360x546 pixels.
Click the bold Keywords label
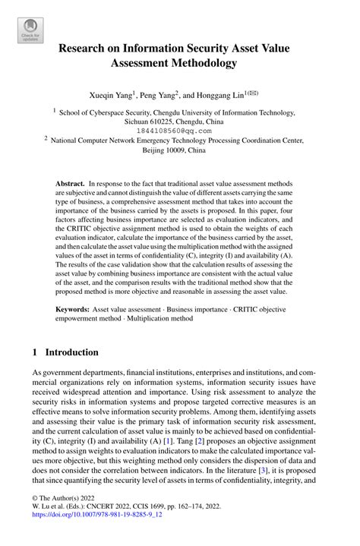pos(74,310)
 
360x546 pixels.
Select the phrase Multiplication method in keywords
pos(163,319)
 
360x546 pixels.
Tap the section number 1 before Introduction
pos(36,352)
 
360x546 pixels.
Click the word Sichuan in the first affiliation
pos(141,121)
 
